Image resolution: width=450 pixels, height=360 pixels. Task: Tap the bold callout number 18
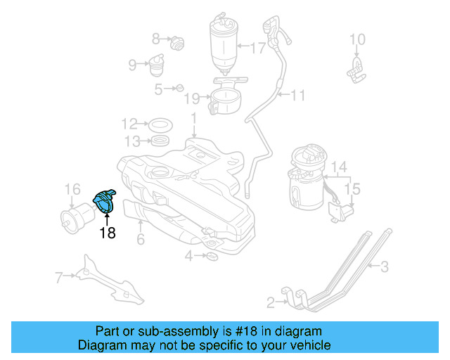pos(107,233)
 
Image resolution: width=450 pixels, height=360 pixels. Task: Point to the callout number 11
pos(299,94)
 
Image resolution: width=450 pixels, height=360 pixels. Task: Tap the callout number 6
pos(141,240)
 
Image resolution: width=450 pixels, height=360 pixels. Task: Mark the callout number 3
pos(385,266)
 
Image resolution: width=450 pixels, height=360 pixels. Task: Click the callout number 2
pos(271,303)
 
